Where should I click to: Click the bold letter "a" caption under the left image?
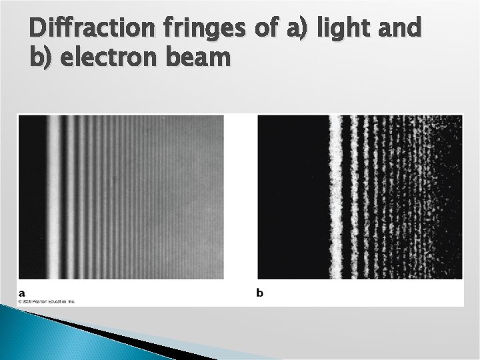22,292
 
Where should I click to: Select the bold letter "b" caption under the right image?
260,292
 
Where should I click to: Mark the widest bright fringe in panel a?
53,197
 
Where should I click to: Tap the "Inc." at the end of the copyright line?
79,301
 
